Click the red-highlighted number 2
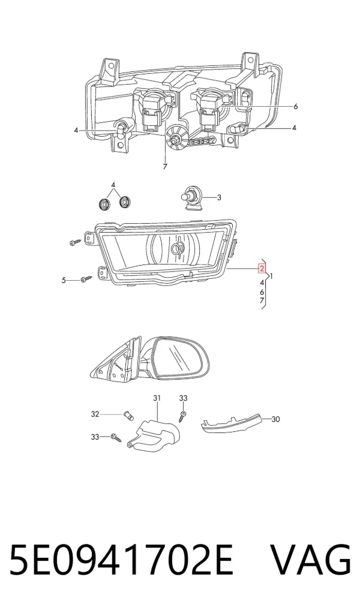[262, 269]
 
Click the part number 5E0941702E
[121, 560]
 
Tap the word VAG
[311, 560]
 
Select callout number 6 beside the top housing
[295, 106]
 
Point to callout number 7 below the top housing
[165, 167]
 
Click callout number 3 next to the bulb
[219, 197]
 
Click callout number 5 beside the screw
[64, 280]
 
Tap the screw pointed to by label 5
[86, 279]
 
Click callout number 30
[275, 419]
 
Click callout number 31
[157, 398]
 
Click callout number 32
[95, 414]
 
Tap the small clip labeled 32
[128, 416]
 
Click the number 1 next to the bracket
[271, 277]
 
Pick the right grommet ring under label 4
[125, 202]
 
